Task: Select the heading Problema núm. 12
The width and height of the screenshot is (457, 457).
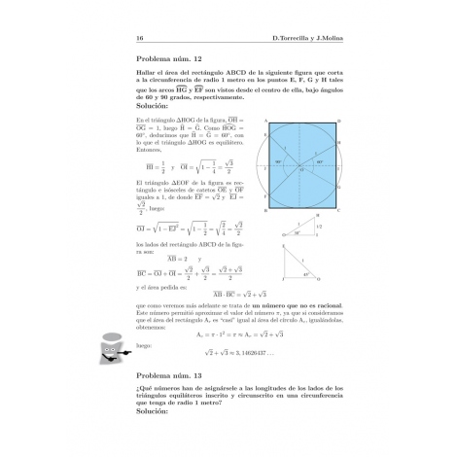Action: tap(171, 58)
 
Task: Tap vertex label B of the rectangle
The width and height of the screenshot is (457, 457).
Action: tap(264, 210)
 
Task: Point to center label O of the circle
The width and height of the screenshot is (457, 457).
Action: tap(302, 169)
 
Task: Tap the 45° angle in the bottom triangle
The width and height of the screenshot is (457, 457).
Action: tap(307, 275)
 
